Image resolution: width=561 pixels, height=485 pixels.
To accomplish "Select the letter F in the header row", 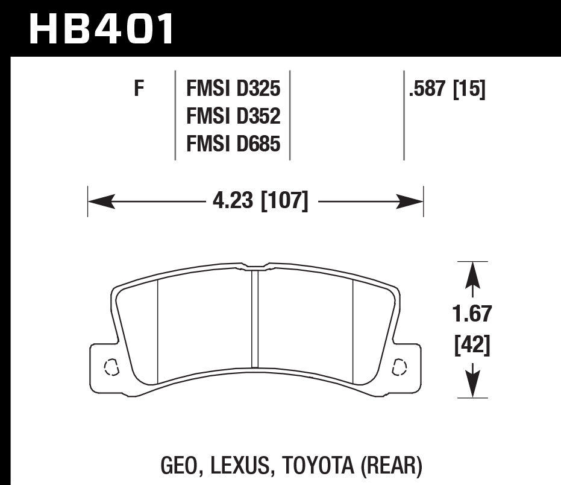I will coord(139,89).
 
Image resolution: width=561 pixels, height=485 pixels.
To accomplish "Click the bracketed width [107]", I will coord(284,200).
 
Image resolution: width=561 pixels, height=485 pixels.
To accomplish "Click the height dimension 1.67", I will coord(473,314).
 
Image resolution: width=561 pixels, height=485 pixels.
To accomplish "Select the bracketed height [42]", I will coord(473,344).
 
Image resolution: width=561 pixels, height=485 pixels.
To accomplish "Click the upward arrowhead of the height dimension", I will coord(473,274).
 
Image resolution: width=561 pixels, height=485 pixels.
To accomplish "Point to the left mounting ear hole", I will coord(111,366).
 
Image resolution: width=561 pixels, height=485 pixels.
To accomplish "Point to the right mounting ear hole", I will coord(399,366).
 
